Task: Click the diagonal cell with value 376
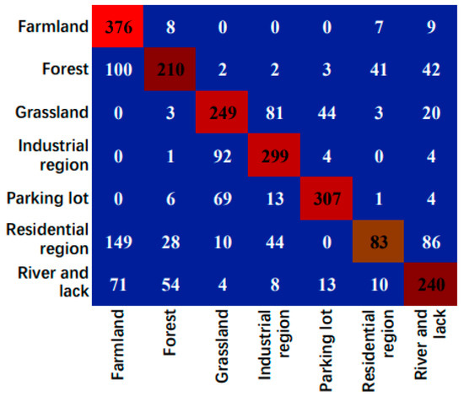pos(118,26)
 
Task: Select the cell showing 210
pos(170,69)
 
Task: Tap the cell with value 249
pos(222,112)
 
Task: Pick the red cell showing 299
pos(274,155)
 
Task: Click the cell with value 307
pos(326,198)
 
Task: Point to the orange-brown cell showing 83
pos(379,242)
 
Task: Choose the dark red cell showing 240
pos(430,284)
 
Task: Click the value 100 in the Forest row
pos(119,69)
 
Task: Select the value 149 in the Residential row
pos(119,242)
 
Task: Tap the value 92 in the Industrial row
pos(223,156)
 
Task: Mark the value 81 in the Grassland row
pos(274,113)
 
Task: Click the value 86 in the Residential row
pos(431,242)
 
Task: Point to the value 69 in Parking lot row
pos(223,198)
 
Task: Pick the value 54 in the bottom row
pos(170,285)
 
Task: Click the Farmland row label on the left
pos(53,26)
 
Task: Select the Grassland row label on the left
pos(52,112)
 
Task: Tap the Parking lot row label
pos(47,198)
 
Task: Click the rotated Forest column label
pos(170,333)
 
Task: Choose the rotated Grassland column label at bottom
pos(222,345)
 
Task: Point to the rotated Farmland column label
pos(117,345)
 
